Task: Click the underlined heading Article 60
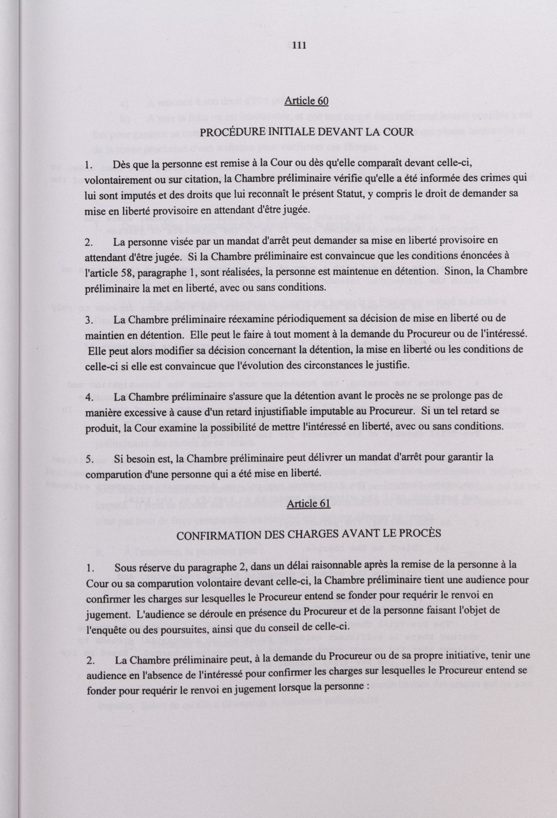[306, 101]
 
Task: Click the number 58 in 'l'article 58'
[127, 272]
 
